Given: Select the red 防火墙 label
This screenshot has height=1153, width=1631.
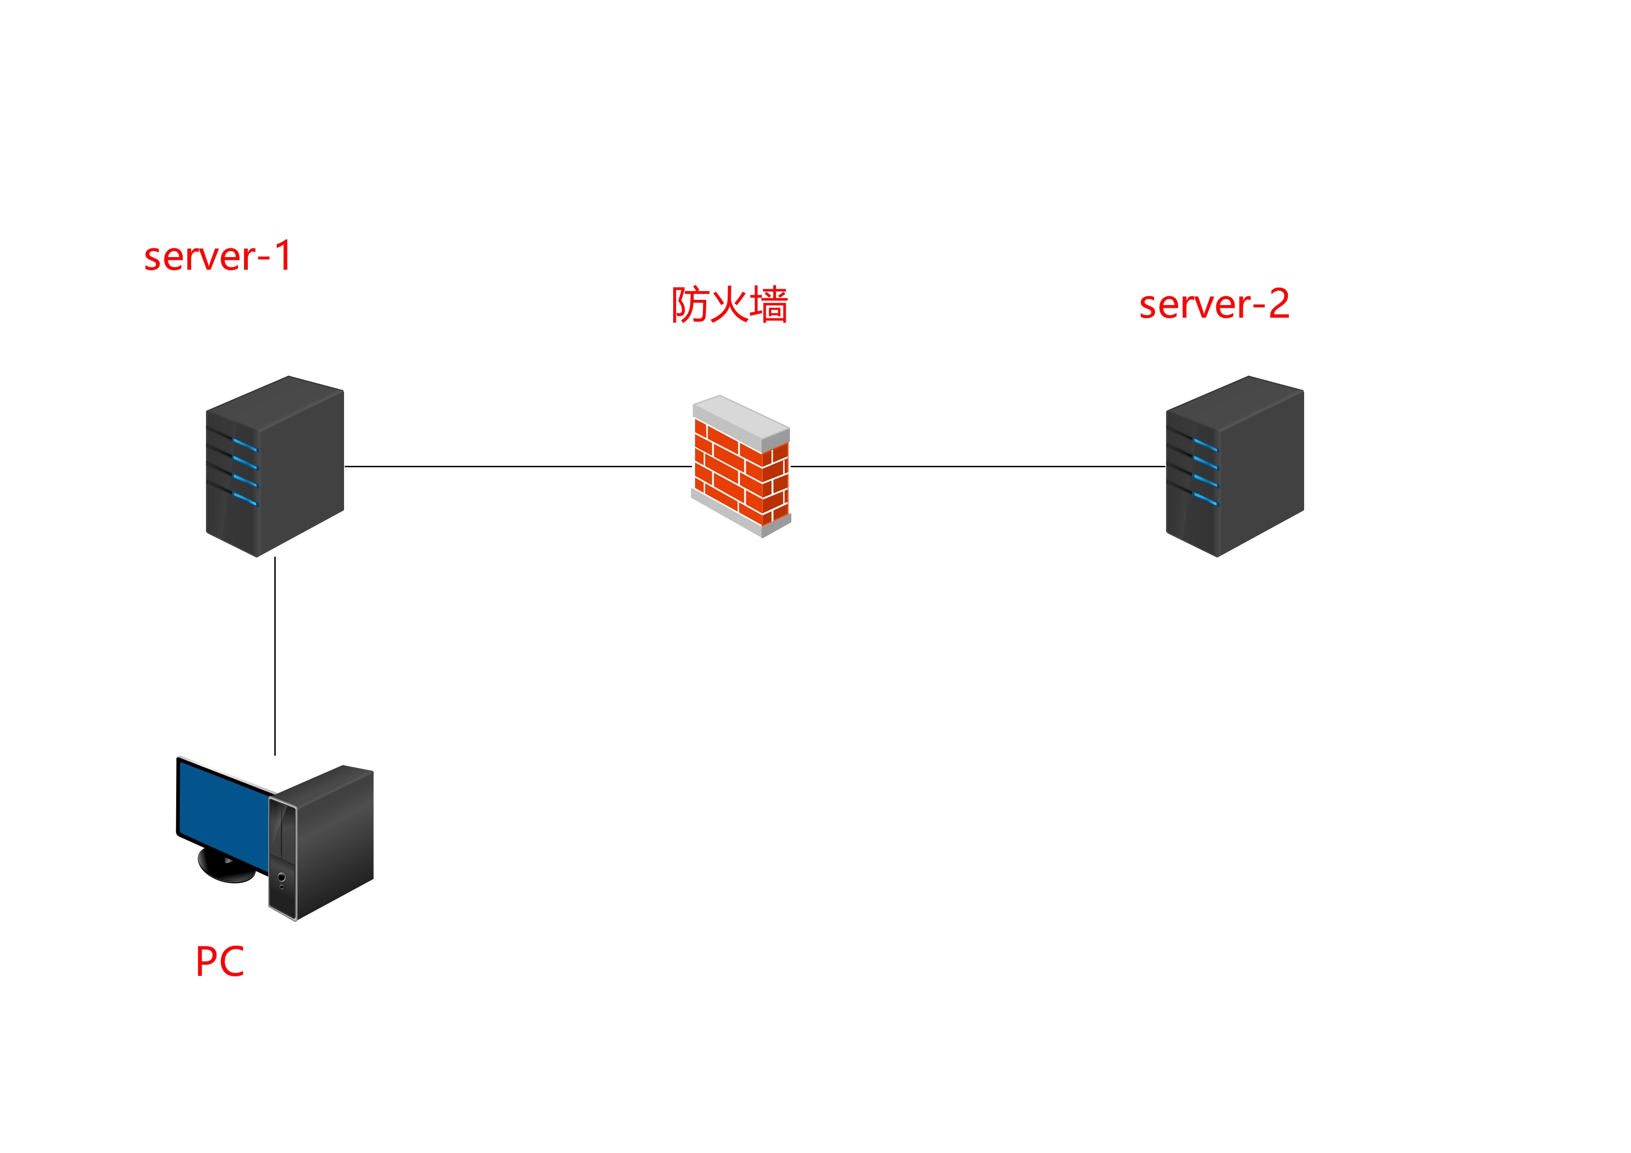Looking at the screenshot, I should pos(729,305).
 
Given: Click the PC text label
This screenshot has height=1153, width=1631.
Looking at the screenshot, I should pos(219,962).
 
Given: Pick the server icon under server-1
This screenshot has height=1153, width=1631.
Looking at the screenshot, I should pos(275,466).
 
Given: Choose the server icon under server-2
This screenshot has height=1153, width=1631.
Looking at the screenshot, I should pos(1234,466).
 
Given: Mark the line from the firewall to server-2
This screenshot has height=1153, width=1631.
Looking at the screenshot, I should pos(977,467).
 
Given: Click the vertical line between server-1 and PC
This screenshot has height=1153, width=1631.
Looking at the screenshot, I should pos(275,655).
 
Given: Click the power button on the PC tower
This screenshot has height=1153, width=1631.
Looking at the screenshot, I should pos(281,877).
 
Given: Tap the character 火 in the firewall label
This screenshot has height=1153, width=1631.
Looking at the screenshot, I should pos(729,305).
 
